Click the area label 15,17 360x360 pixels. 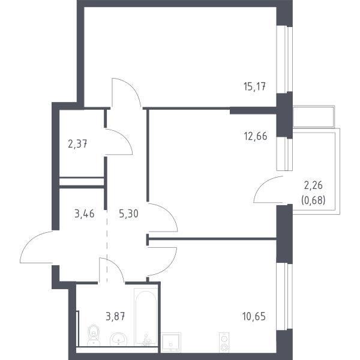click(254, 87)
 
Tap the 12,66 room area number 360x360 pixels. click(256, 136)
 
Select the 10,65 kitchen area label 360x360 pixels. click(254, 316)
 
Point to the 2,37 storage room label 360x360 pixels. click(77, 145)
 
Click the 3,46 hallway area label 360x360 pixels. click(85, 214)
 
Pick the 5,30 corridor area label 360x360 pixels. click(128, 214)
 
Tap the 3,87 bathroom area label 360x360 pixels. click(115, 316)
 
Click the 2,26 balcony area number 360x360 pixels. click(313, 185)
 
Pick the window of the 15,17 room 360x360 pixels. click(284, 59)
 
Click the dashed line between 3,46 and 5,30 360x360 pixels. click(107, 245)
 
